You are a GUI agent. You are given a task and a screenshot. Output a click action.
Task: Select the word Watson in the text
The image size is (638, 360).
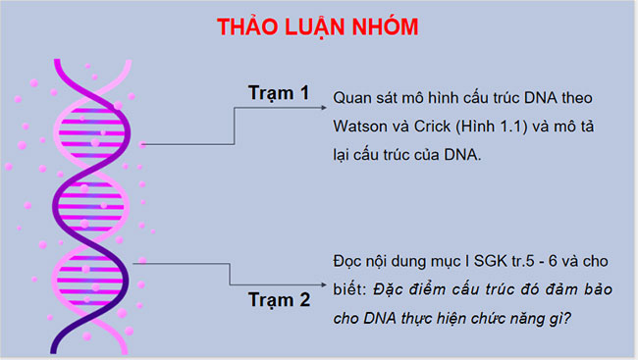coord(360,127)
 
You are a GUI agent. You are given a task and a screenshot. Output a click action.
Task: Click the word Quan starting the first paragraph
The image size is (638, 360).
coord(351,98)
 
